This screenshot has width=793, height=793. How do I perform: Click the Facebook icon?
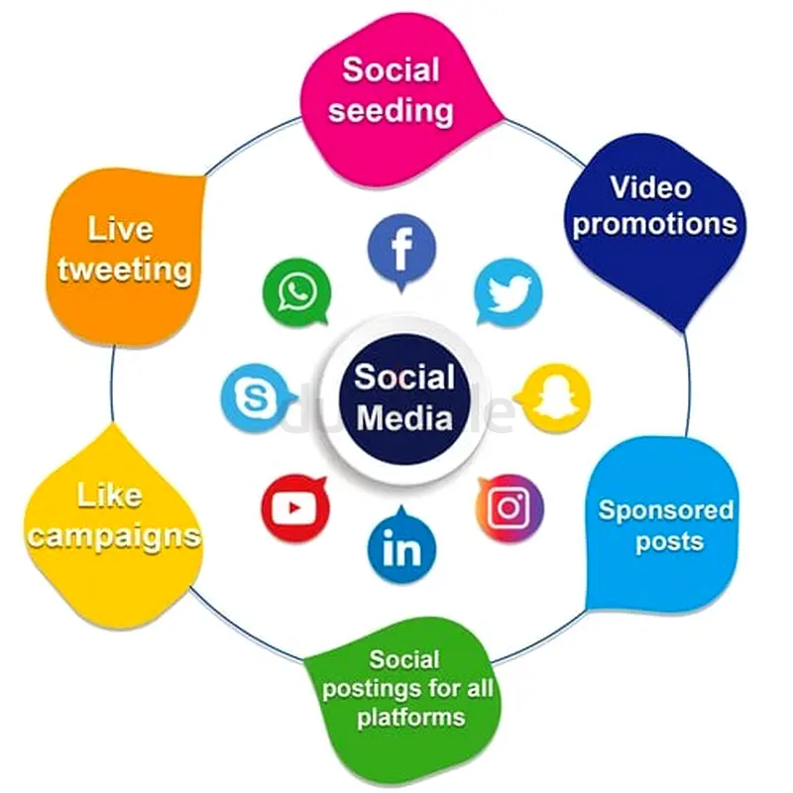[401, 250]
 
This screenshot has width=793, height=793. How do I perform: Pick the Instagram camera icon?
[510, 508]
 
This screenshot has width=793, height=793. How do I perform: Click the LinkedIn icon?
[401, 548]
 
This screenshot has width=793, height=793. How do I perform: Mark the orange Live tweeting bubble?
[124, 253]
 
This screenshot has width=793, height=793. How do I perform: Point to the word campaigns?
[114, 535]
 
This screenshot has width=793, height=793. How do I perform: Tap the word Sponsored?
[666, 511]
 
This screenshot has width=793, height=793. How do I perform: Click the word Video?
[650, 186]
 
